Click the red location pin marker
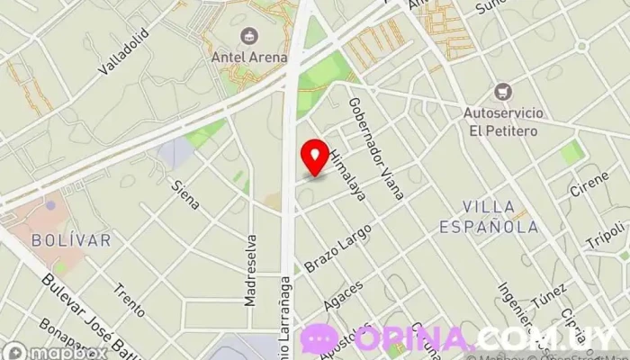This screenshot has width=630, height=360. point(315,157)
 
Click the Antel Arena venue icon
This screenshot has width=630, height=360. point(248,37)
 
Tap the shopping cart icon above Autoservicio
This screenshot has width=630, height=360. point(502,91)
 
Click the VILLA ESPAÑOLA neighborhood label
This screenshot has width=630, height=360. point(489,217)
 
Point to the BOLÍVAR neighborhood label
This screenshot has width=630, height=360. point(71,240)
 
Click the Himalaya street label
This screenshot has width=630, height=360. point(345,175)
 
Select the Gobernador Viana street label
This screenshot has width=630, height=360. point(375,146)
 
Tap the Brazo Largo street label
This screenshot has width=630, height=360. point(337,249)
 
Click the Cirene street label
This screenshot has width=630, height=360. point(588,184)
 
